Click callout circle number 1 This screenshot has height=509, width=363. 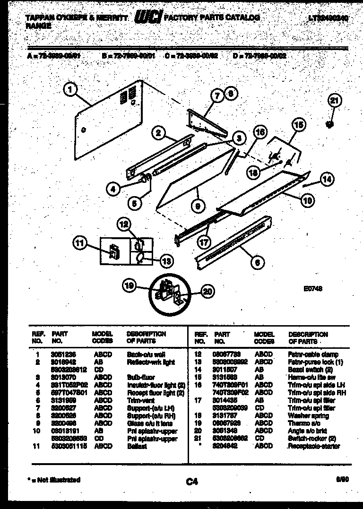[70, 89]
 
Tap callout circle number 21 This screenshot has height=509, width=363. [335, 100]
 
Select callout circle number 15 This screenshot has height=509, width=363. [298, 125]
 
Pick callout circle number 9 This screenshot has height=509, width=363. [198, 205]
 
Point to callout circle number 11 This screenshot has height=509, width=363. [80, 243]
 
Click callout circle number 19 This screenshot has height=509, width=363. [129, 285]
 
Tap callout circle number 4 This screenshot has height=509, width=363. [113, 190]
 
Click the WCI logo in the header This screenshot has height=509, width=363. [148, 17]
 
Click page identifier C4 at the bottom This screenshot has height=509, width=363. [191, 482]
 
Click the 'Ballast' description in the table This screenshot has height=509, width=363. [137, 446]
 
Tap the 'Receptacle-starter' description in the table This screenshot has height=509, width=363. [313, 446]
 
